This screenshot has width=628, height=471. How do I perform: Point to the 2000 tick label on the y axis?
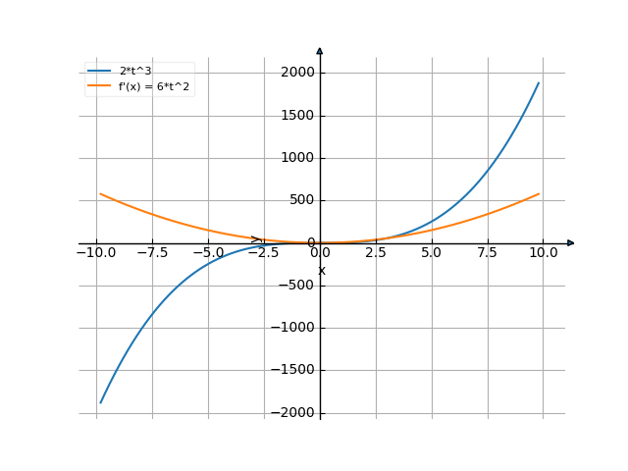pyautogui.click(x=297, y=73)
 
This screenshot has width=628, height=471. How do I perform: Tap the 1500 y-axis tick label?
pyautogui.click(x=297, y=116)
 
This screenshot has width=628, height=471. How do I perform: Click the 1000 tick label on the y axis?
pyautogui.click(x=297, y=158)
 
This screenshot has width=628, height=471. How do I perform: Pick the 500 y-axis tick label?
pyautogui.click(x=301, y=200)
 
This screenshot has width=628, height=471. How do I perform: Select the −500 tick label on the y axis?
pyautogui.click(x=297, y=286)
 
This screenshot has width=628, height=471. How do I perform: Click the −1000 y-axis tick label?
pyautogui.click(x=293, y=328)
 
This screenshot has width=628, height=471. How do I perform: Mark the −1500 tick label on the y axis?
pyautogui.click(x=293, y=370)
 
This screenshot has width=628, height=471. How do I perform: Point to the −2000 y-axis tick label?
pyautogui.click(x=293, y=412)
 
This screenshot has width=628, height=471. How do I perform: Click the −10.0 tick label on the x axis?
pyautogui.click(x=96, y=253)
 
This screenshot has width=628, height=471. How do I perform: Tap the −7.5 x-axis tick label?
pyautogui.click(x=152, y=253)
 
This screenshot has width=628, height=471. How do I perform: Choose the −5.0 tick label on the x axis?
pyautogui.click(x=208, y=253)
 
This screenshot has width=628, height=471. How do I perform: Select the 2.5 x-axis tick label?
pyautogui.click(x=377, y=253)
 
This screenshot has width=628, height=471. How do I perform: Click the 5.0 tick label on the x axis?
pyautogui.click(x=432, y=253)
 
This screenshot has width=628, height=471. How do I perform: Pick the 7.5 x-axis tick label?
pyautogui.click(x=488, y=253)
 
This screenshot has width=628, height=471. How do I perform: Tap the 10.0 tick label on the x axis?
pyautogui.click(x=544, y=253)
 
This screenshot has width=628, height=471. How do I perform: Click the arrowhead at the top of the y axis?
pyautogui.click(x=320, y=50)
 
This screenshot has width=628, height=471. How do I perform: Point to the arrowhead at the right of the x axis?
pyautogui.click(x=571, y=242)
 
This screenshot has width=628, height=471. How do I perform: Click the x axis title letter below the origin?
pyautogui.click(x=321, y=270)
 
